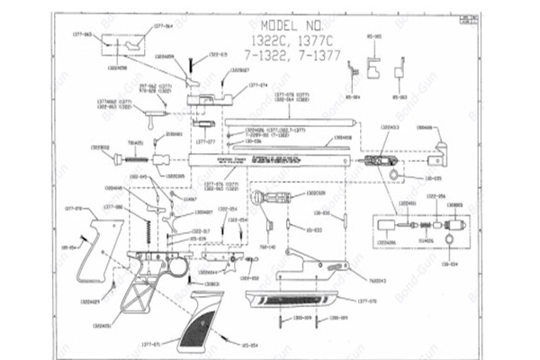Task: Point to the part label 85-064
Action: point(354,97)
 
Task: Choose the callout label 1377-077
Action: point(205,141)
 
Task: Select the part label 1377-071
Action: point(150,345)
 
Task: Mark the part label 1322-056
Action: point(436,196)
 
